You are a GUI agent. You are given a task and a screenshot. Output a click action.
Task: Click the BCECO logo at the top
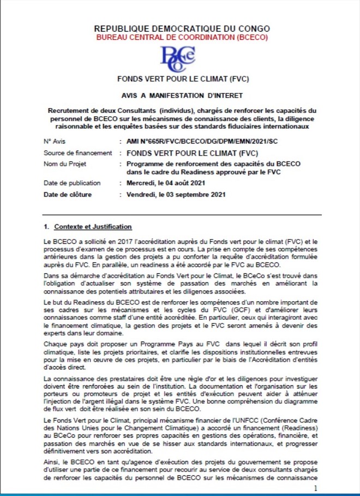coord(177,58)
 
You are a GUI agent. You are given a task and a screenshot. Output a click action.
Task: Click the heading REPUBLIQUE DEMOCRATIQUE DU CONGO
coord(182,28)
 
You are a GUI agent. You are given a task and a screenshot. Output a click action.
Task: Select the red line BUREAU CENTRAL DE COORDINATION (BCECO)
coord(182,37)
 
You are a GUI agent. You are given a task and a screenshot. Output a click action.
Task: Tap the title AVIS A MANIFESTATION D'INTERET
coord(182,94)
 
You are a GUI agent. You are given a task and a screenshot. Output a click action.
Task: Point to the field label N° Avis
coord(55,141)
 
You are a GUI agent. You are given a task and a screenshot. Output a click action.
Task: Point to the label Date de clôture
coord(68,194)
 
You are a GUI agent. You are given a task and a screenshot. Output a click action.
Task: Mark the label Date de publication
coord(72,183)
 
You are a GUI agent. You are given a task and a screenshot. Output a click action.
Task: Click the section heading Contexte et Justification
coord(91,226)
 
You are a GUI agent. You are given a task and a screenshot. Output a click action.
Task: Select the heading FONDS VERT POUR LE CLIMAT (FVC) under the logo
coord(182,79)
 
